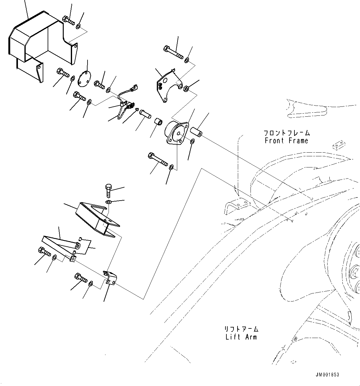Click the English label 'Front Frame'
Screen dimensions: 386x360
point(286,141)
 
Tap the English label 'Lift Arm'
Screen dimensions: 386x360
point(241,337)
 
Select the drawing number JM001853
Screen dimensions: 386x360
point(328,375)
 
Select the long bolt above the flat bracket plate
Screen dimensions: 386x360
point(173,52)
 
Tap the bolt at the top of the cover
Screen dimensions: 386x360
point(68,20)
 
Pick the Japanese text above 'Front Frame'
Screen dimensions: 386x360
point(286,133)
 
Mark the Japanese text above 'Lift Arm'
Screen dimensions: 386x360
point(241,329)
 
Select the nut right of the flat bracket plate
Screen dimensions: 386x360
point(186,89)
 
